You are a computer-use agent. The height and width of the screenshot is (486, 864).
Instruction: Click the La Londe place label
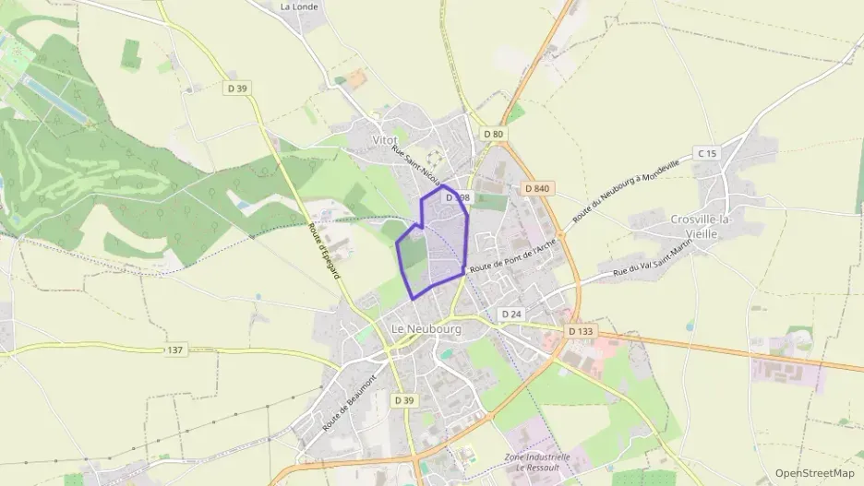point(299,6)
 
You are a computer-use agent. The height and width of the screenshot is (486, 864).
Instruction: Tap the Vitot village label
point(384,139)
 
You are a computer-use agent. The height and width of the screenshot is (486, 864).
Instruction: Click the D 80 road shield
point(494,134)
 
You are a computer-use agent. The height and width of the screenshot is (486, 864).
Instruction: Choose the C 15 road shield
point(707,153)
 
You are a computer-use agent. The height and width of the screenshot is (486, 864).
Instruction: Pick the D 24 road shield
point(511,314)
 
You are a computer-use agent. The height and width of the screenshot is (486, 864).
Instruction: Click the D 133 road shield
point(581,331)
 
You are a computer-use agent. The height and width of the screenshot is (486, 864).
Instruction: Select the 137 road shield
point(176,350)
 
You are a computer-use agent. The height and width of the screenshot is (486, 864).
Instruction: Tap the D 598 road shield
point(458,197)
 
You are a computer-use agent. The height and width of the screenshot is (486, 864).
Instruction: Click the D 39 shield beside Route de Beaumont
point(403,400)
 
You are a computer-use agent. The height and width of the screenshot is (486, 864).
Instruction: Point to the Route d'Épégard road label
point(323,254)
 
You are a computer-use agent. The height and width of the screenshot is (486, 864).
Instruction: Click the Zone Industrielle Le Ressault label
point(537,462)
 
